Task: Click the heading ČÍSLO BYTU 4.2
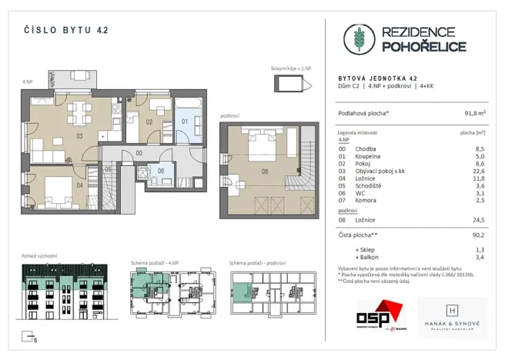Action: tap(65, 31)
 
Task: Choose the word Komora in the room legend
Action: tap(365, 201)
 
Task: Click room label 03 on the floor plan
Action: tap(79, 135)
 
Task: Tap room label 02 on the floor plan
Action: tap(149, 122)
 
